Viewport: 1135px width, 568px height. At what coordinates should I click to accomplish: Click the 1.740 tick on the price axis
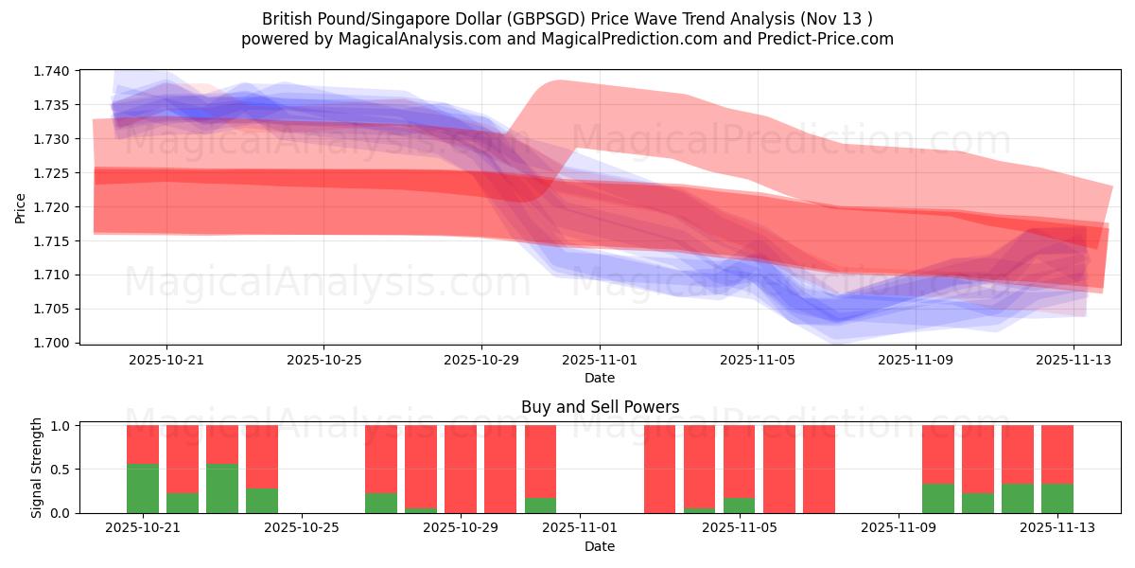coord(53,71)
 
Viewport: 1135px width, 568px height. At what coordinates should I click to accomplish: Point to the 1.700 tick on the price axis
coord(53,343)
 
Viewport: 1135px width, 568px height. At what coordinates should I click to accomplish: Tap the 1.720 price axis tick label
coord(53,207)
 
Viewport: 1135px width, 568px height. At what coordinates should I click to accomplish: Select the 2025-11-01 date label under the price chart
coord(600,361)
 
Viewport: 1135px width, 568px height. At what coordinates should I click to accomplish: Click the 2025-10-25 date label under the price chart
coord(323,361)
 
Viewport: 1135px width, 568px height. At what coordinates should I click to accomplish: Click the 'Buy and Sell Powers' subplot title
coord(600,408)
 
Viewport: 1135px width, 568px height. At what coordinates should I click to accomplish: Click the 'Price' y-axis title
coord(21,207)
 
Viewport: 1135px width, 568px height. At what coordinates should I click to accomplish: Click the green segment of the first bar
coord(143,488)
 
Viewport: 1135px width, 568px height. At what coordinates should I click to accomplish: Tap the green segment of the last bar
coord(1056,498)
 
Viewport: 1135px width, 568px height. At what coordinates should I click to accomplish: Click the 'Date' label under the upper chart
coord(600,378)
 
